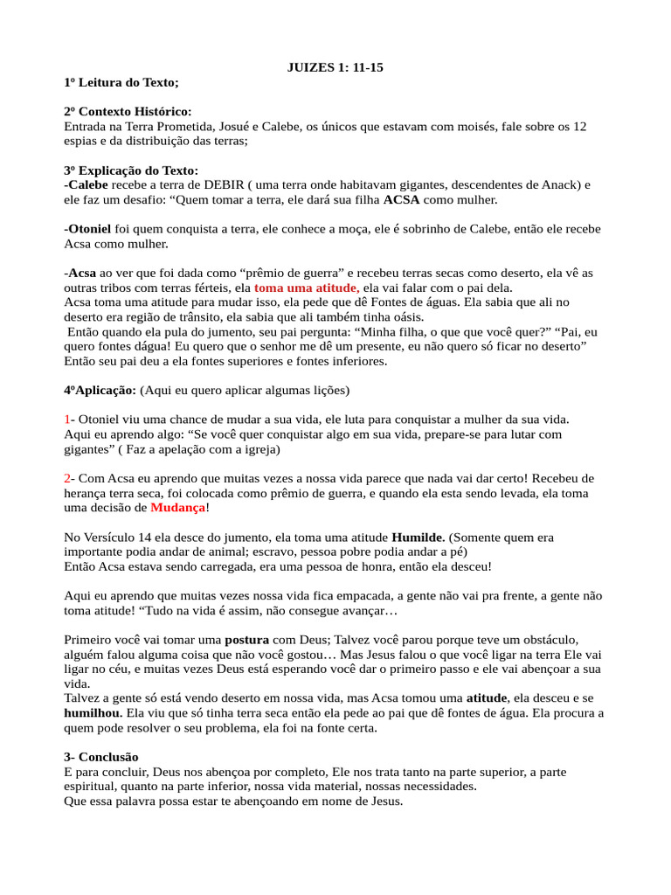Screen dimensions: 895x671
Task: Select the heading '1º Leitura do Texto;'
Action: tap(121, 82)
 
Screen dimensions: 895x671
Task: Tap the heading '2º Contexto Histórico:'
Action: tap(128, 112)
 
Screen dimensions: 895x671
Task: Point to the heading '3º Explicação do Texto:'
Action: tap(131, 170)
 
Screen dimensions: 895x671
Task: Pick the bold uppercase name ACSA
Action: tap(402, 200)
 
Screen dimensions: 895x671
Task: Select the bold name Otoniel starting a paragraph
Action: tap(90, 229)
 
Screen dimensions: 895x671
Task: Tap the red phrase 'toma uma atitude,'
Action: tap(306, 288)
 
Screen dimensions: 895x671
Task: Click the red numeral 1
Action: tap(67, 420)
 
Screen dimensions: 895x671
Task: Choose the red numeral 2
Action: tap(67, 478)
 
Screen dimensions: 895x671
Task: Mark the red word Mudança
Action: tap(178, 508)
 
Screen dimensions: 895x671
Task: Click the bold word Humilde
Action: tap(418, 537)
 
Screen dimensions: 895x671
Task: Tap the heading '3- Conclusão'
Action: tap(101, 757)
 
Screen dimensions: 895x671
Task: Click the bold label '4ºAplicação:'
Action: tap(100, 390)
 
